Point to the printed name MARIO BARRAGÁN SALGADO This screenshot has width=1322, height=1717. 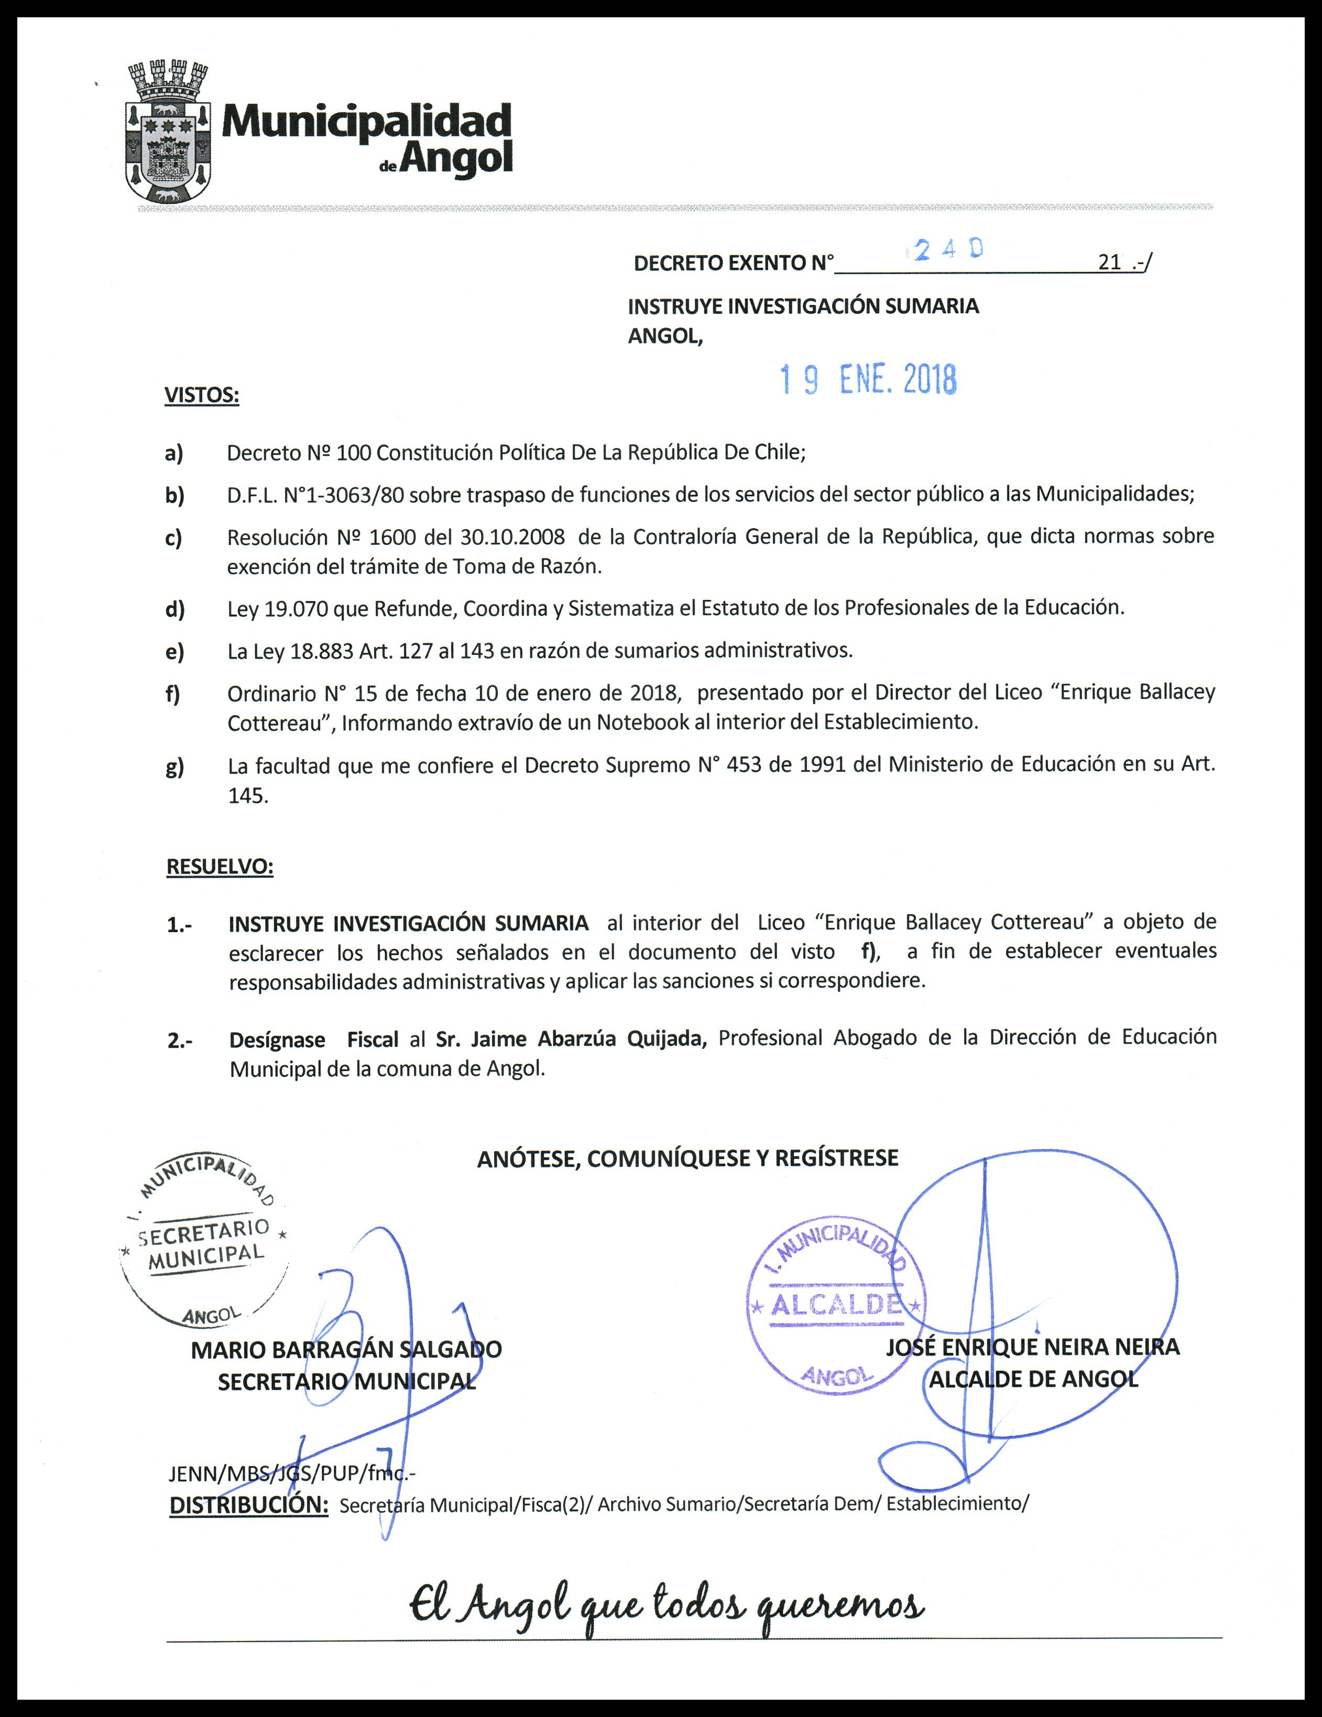(x=346, y=1350)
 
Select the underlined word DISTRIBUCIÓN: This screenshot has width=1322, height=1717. (x=248, y=1505)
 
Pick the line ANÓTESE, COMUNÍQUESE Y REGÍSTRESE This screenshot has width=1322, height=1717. (x=687, y=1157)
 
